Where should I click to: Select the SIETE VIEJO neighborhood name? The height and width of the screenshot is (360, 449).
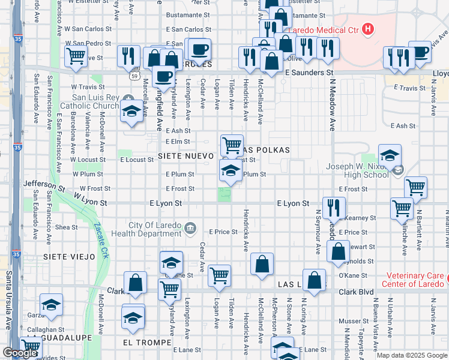(69, 256)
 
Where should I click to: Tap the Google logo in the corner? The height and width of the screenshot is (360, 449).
(20, 353)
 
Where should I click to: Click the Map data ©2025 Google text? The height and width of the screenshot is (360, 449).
(412, 355)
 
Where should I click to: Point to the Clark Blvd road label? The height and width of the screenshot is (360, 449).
(356, 292)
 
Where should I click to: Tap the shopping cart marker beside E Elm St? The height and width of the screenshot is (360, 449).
(232, 145)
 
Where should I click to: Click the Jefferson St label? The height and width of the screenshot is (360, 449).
(44, 185)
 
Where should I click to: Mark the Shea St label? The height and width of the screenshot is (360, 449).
(66, 227)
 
